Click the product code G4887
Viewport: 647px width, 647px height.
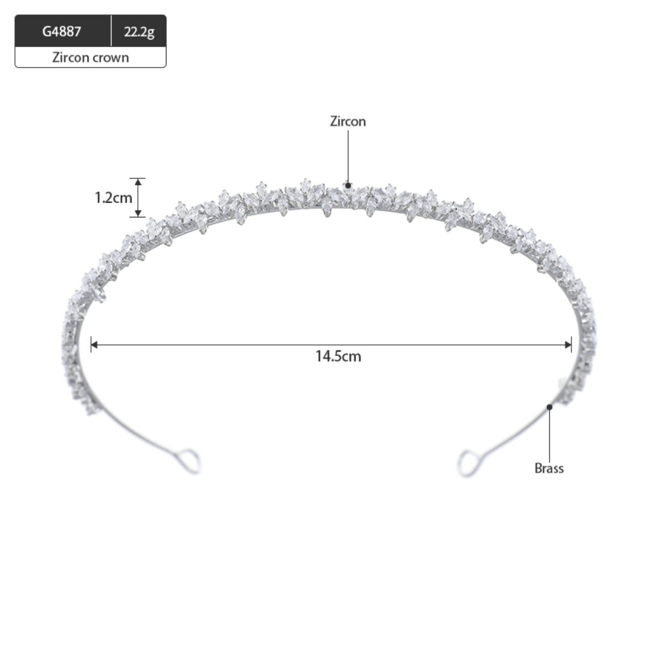62,31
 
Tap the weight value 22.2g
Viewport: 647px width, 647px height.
139,32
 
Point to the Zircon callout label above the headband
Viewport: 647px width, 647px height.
348,121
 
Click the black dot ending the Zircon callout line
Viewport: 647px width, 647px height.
348,186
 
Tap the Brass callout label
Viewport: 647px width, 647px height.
549,468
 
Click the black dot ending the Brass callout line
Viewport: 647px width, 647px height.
549,407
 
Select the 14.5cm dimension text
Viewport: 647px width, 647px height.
338,356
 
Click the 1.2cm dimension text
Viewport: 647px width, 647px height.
113,198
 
